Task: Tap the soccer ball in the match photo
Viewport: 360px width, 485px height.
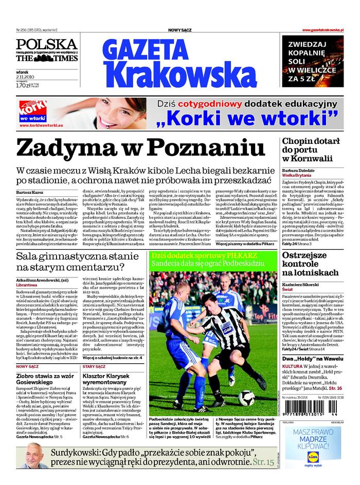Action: point(245,397)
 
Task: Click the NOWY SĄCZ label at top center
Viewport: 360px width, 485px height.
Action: point(180,30)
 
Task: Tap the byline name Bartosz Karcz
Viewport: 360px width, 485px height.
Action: point(30,192)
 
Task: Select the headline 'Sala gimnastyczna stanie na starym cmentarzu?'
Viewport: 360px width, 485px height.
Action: point(77,262)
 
